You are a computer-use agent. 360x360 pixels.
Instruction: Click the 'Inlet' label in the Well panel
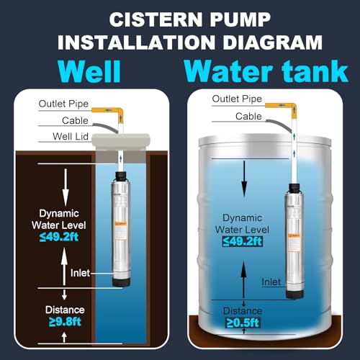(x=80, y=273)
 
